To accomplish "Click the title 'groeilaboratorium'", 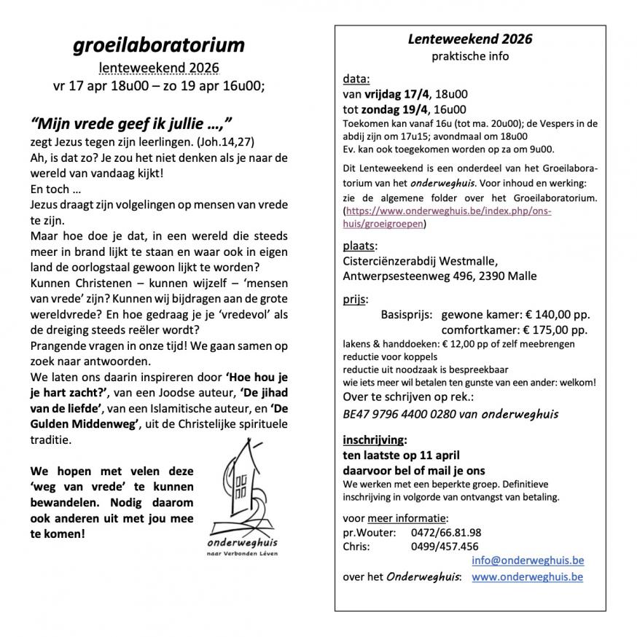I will pos(159,45).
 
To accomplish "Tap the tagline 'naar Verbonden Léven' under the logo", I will pos(243,554).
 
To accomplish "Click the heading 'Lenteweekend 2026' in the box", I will pos(469,39).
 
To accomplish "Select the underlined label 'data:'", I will pos(356,79).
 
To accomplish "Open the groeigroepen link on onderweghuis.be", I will pos(447,217).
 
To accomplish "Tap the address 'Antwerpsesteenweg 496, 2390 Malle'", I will pos(439,275).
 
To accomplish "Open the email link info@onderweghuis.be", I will pos(527,560).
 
